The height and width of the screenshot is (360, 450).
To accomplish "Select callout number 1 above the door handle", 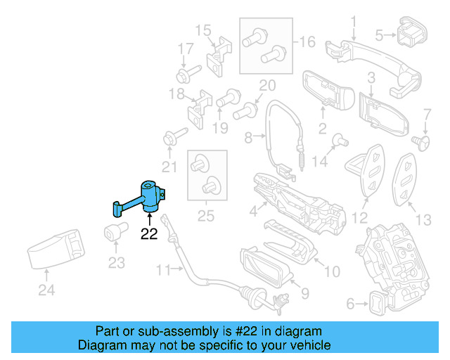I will pos(354,20).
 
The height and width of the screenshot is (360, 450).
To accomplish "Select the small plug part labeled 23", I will pos(115,231).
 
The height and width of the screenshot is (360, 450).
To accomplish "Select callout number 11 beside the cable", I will pos(163,269).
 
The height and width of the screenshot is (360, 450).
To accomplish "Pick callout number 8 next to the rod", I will pos(247,139).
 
